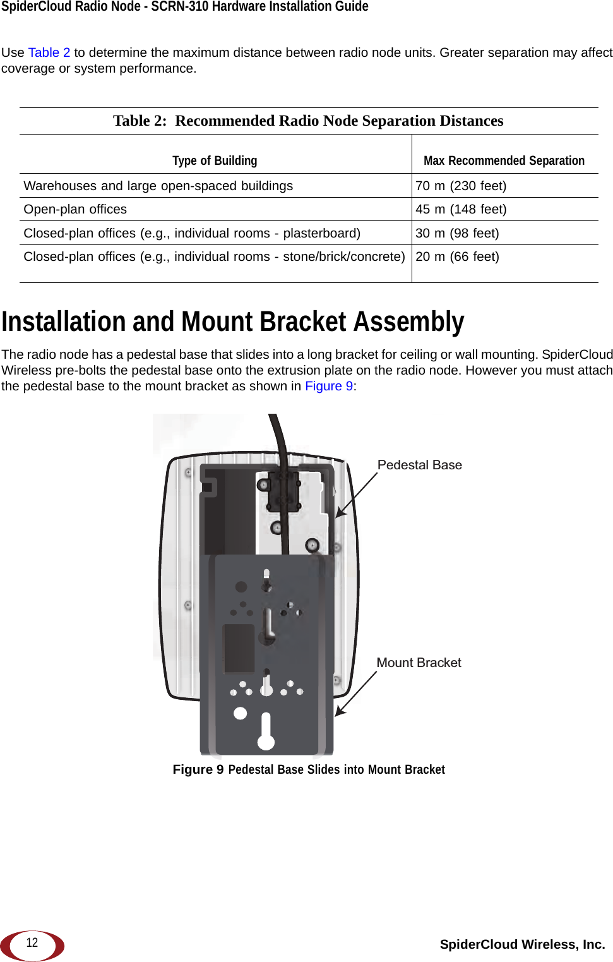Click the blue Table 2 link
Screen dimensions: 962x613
pyautogui.click(x=49, y=52)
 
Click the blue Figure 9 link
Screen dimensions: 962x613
pyautogui.click(x=329, y=386)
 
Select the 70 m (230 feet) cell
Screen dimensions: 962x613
pyautogui.click(x=461, y=186)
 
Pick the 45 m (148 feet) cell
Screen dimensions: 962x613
pyautogui.click(x=461, y=209)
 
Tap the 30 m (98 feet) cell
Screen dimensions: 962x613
pyautogui.click(x=457, y=233)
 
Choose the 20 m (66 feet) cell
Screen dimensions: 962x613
pyautogui.click(x=457, y=256)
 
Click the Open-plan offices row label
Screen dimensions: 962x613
pyautogui.click(x=75, y=209)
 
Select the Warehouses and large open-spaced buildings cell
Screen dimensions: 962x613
pyautogui.click(x=158, y=186)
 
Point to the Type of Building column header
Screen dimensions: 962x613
pyautogui.click(x=215, y=160)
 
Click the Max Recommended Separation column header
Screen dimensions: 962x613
pyautogui.click(x=504, y=160)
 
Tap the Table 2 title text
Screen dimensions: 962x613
pyautogui.click(x=308, y=121)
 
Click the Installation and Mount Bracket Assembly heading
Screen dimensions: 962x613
pyautogui.click(x=232, y=322)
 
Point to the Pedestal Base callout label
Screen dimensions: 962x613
pyautogui.click(x=419, y=465)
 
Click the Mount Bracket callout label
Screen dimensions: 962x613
pyautogui.click(x=419, y=663)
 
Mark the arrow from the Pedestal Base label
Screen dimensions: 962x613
pyautogui.click(x=356, y=495)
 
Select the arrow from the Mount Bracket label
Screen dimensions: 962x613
pyautogui.click(x=355, y=694)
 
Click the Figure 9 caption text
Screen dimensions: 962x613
pyautogui.click(x=309, y=769)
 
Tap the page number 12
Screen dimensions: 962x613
pyautogui.click(x=32, y=943)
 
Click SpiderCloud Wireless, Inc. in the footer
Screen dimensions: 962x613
pyautogui.click(x=522, y=944)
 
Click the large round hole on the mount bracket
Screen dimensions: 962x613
pyautogui.click(x=241, y=713)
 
